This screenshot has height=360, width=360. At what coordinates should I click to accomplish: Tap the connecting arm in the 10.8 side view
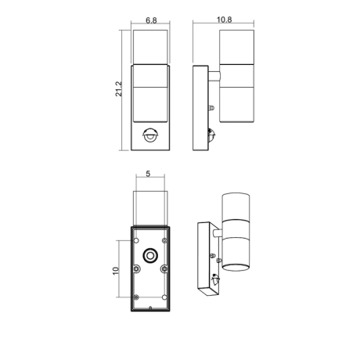212,76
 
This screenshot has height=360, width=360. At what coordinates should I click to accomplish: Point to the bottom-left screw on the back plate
136,297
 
